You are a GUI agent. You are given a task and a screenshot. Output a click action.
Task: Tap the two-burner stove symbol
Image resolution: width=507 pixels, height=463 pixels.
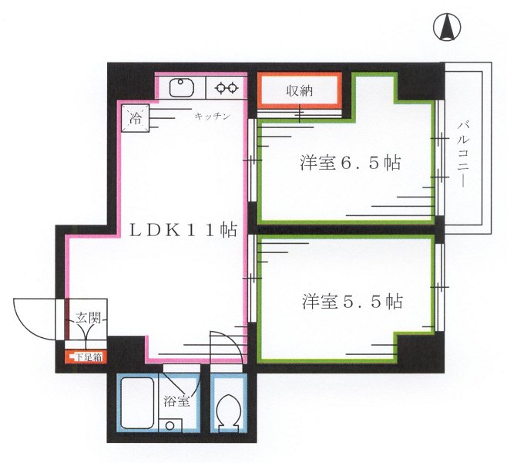[x=225, y=88]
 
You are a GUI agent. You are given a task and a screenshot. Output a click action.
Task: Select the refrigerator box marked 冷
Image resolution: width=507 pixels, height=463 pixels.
[x=135, y=118]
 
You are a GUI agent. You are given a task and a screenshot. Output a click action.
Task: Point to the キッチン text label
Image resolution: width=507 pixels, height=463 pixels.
[x=212, y=116]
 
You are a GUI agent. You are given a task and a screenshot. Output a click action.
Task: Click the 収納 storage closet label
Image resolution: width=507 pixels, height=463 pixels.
[x=300, y=90]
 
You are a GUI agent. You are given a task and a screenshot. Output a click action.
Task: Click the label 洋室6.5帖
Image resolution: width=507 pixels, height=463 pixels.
[x=351, y=164]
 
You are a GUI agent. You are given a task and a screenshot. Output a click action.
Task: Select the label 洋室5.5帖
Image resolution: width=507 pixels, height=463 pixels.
[x=351, y=300]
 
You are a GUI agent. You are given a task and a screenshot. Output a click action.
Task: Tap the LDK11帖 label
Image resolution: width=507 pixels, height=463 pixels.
[x=182, y=229]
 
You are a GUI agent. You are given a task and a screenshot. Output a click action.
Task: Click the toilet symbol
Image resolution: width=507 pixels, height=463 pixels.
[x=228, y=411]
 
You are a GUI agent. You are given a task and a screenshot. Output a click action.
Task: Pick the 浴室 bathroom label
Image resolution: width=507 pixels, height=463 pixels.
[x=176, y=400]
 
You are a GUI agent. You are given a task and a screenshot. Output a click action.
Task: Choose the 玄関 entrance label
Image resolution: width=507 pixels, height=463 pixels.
[x=86, y=317]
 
